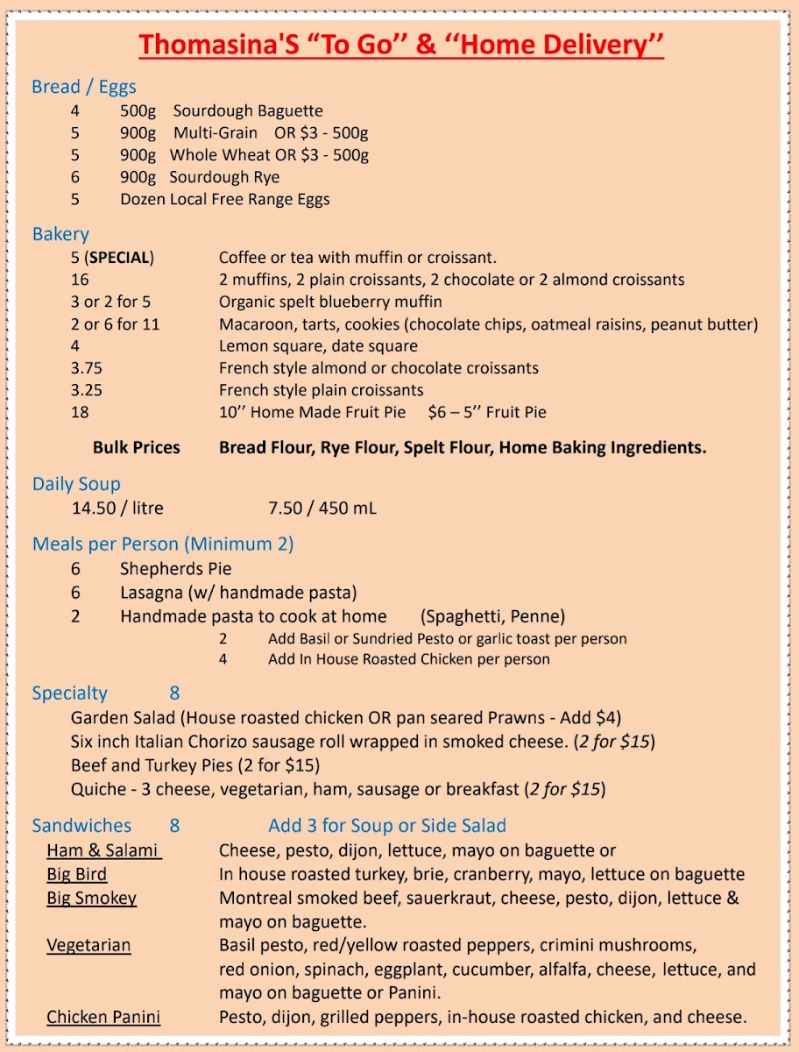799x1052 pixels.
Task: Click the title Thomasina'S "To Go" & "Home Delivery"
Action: click(400, 45)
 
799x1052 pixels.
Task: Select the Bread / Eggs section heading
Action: click(83, 87)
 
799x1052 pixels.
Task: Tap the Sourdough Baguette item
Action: click(247, 111)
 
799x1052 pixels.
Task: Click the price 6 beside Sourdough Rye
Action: click(75, 177)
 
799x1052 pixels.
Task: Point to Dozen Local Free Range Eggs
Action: click(225, 199)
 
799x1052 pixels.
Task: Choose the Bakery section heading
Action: click(60, 234)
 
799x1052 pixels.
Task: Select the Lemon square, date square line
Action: click(318, 346)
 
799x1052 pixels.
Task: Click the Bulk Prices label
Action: click(136, 447)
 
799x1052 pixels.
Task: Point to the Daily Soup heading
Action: click(76, 484)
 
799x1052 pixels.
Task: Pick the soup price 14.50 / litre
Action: click(117, 508)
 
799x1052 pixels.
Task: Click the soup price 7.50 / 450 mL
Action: click(322, 508)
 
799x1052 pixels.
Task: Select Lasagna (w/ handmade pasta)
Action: click(238, 593)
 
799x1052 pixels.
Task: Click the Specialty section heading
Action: click(69, 693)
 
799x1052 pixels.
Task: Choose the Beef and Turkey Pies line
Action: click(195, 765)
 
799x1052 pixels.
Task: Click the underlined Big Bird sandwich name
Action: click(77, 874)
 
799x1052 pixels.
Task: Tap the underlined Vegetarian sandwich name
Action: click(88, 945)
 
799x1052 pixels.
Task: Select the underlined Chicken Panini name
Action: click(103, 1017)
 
